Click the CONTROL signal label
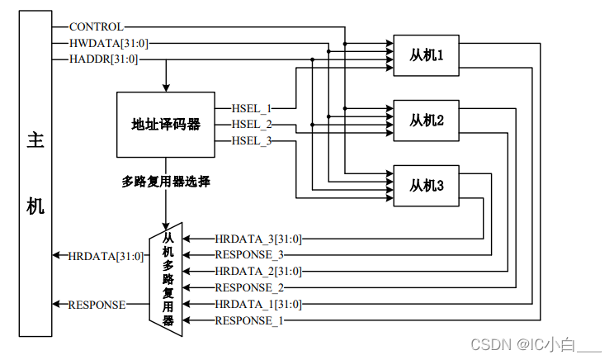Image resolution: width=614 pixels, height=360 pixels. pyautogui.click(x=96, y=27)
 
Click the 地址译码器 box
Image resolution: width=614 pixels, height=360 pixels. pyautogui.click(x=166, y=124)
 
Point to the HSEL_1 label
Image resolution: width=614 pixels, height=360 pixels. pyautogui.click(x=252, y=107)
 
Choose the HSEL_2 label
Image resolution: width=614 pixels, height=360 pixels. pyautogui.click(x=252, y=124)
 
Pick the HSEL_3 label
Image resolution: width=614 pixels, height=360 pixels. pyautogui.click(x=252, y=140)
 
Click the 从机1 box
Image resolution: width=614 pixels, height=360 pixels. pyautogui.click(x=427, y=56)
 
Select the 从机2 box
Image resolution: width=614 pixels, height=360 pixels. pyautogui.click(x=427, y=121)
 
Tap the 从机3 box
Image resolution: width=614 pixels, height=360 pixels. pyautogui.click(x=427, y=186)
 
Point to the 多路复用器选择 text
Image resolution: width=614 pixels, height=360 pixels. pyautogui.click(x=166, y=181)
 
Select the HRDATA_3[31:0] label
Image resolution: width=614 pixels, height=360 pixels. pyautogui.click(x=258, y=239)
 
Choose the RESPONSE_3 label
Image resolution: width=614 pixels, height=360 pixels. pyautogui.click(x=248, y=254)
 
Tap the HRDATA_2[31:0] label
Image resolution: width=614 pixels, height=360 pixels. pyautogui.click(x=258, y=271)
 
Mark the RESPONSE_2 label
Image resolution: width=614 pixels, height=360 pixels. pyautogui.click(x=248, y=287)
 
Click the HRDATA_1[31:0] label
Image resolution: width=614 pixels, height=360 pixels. pyautogui.click(x=258, y=304)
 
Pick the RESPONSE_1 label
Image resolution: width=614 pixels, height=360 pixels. pyautogui.click(x=248, y=320)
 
